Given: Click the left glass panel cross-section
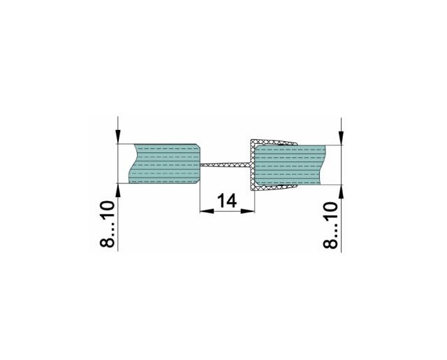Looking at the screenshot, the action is tap(165, 164).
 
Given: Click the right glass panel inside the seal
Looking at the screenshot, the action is tap(289, 165).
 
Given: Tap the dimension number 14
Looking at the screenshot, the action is tap(227, 201).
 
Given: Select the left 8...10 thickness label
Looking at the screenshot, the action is tap(108, 224).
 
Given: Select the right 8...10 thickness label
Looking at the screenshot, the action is tap(330, 225).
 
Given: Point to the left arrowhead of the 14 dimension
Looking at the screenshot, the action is tap(207, 211).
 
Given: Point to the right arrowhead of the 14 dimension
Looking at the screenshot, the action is tap(247, 211).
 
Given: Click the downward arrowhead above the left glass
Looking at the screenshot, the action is tap(118, 136).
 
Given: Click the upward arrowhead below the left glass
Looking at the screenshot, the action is tap(118, 191).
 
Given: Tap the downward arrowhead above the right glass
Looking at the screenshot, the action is tap(342, 138).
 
